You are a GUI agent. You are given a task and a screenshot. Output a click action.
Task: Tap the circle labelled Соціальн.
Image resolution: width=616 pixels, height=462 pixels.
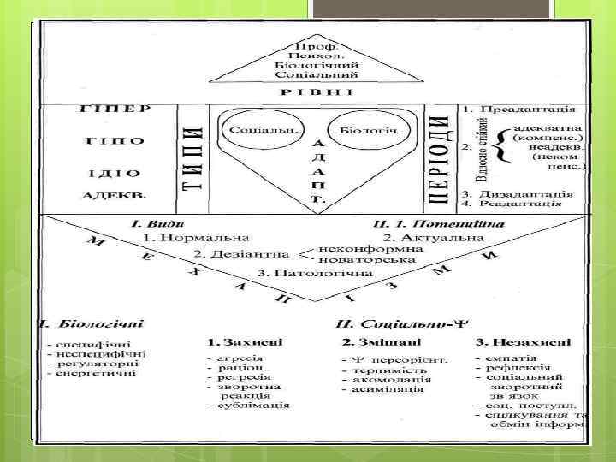(252, 131)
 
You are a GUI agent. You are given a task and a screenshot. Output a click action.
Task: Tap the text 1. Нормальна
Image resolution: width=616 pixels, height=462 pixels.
(196, 236)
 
